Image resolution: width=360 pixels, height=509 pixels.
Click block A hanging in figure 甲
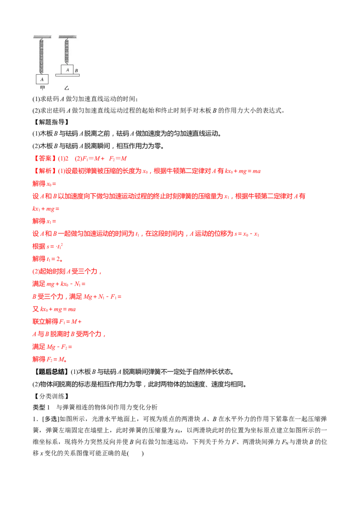(42, 79)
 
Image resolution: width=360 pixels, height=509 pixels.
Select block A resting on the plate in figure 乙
(67, 70)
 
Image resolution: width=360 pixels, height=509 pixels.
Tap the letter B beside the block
(76, 71)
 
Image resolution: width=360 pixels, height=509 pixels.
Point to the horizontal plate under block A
(67, 76)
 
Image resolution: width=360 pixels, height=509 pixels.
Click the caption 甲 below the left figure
(42, 88)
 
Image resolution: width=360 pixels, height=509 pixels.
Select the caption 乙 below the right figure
(67, 88)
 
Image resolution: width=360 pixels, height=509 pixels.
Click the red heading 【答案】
(44, 158)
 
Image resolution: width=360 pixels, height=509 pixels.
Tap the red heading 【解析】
(44, 171)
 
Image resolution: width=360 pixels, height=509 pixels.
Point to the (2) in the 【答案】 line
(65, 158)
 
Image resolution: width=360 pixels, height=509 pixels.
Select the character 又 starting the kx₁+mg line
(35, 309)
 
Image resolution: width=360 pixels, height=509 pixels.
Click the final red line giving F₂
(49, 359)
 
